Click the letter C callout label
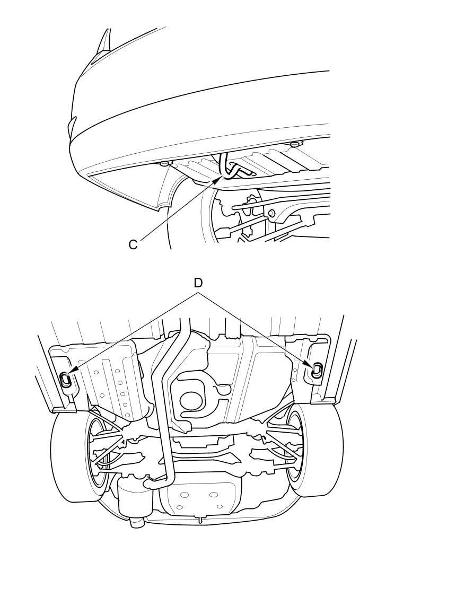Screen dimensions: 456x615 coord(133,245)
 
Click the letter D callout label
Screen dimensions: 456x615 coord(198,283)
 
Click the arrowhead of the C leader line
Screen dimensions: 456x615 coord(220,179)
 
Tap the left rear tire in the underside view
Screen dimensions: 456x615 coord(75,455)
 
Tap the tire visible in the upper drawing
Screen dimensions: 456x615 coord(188,219)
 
